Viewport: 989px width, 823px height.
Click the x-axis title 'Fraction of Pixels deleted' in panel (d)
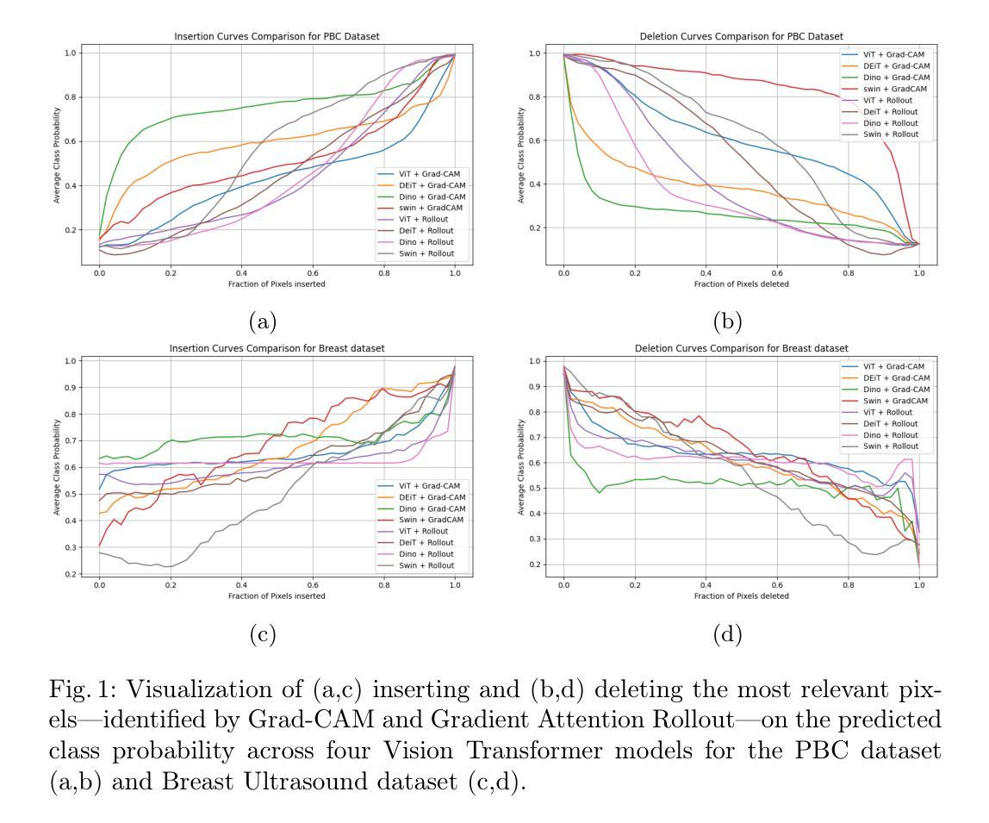click(x=742, y=595)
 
